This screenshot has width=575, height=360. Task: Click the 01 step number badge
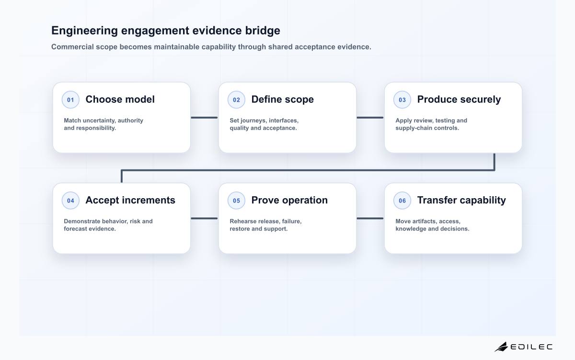coord(70,99)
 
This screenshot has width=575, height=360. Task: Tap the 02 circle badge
coord(236,99)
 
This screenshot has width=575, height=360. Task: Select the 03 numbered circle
coord(402,99)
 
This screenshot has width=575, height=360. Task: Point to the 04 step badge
coord(70,200)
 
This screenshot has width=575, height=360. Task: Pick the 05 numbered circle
coord(236,200)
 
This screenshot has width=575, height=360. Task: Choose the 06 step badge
coord(402,200)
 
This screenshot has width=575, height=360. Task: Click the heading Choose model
coord(120,99)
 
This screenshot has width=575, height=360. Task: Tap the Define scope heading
coord(282,99)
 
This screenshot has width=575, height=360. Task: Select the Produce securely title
coord(459,99)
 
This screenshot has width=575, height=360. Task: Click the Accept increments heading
coord(130,200)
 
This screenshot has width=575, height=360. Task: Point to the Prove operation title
coord(289,200)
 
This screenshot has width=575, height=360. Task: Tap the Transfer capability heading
coord(461,200)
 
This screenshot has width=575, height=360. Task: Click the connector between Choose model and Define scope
coord(204,118)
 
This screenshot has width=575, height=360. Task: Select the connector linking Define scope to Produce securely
coord(370,118)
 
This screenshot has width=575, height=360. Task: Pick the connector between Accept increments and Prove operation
coord(204,218)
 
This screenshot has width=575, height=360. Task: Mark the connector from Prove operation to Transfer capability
coord(370,218)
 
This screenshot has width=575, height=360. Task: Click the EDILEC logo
coord(524,347)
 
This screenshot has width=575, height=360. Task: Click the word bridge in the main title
coord(263,31)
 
